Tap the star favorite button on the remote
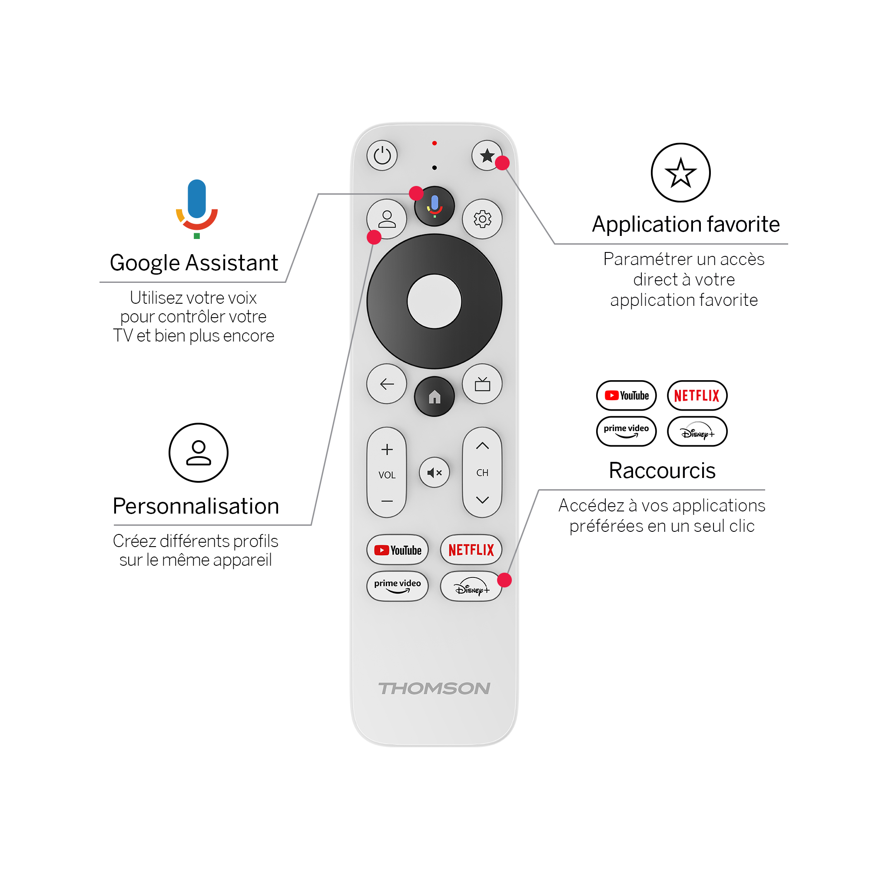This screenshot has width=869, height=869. coord(487,156)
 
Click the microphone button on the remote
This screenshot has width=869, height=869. coord(434,206)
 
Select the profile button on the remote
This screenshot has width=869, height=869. coord(387,219)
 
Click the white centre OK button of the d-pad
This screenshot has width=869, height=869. coord(434,302)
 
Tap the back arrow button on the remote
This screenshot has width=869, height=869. coord(387,384)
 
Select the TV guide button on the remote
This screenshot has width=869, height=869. coord(482,384)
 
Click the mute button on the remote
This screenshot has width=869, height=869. coord(434,472)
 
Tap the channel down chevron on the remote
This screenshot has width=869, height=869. coord(482,500)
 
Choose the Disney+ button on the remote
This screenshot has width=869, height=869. coord(471,587)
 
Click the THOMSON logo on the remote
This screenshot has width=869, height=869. coord(434,689)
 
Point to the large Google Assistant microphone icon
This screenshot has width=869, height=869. coord(196,209)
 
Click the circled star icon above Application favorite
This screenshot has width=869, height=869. coord(680,173)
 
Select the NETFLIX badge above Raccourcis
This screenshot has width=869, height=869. coord(697,396)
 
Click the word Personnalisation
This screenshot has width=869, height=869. coord(196,506)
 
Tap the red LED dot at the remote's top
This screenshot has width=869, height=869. coord(434,143)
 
